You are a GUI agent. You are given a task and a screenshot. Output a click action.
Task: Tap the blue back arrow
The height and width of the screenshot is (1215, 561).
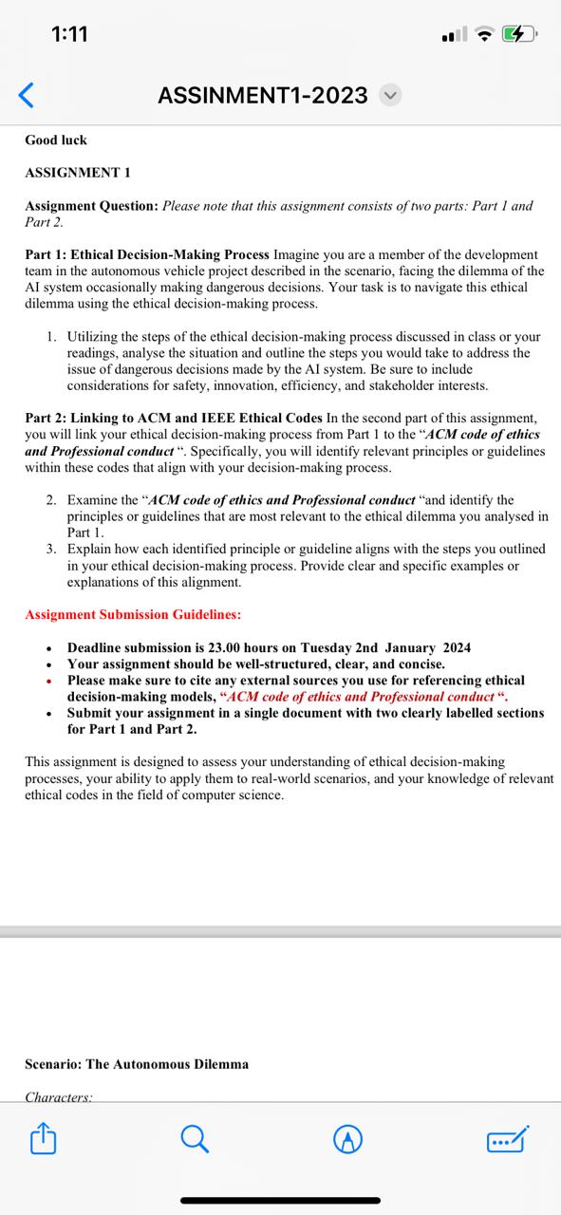[x=27, y=95]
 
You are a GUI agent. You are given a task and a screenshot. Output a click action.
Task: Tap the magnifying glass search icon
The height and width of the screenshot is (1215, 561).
[x=195, y=1139]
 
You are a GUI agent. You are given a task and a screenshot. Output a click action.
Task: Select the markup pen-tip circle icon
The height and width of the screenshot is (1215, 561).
[x=349, y=1139]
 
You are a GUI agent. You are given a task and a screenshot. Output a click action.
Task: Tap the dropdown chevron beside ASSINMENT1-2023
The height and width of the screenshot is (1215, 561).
[x=390, y=95]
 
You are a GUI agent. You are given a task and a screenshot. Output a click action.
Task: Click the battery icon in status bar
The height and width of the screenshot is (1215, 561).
[x=521, y=35]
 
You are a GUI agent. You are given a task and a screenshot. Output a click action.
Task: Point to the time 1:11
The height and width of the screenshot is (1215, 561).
[x=69, y=34]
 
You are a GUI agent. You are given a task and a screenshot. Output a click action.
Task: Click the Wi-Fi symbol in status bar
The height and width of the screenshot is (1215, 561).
[x=487, y=35]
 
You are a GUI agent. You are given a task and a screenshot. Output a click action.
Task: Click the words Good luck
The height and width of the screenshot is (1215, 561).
[x=56, y=140]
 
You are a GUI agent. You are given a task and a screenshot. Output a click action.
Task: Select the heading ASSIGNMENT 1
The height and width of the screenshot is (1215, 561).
[x=78, y=173]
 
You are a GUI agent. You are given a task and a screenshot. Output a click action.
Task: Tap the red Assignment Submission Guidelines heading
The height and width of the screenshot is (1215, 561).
[x=133, y=615]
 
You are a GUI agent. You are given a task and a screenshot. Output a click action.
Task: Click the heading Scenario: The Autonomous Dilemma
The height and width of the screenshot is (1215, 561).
[x=137, y=1064]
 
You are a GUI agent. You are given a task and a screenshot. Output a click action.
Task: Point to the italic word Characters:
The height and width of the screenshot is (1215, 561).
[x=59, y=1096]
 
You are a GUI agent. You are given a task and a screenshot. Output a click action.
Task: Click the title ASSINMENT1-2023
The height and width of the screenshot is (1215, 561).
[x=263, y=95]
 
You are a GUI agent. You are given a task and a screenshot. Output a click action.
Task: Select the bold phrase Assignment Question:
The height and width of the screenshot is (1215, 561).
[x=91, y=206]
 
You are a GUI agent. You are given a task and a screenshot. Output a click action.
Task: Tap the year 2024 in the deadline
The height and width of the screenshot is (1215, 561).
[x=455, y=647]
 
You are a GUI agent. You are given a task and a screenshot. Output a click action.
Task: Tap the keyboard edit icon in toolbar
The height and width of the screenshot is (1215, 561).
[x=507, y=1139]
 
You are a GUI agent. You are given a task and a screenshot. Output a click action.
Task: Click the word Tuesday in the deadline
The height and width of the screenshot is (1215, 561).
[x=327, y=647]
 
